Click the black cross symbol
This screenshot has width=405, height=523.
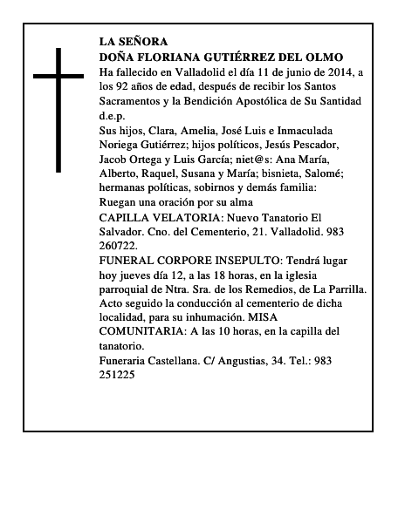click(59, 108)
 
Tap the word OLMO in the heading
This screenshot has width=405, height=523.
click(335, 56)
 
